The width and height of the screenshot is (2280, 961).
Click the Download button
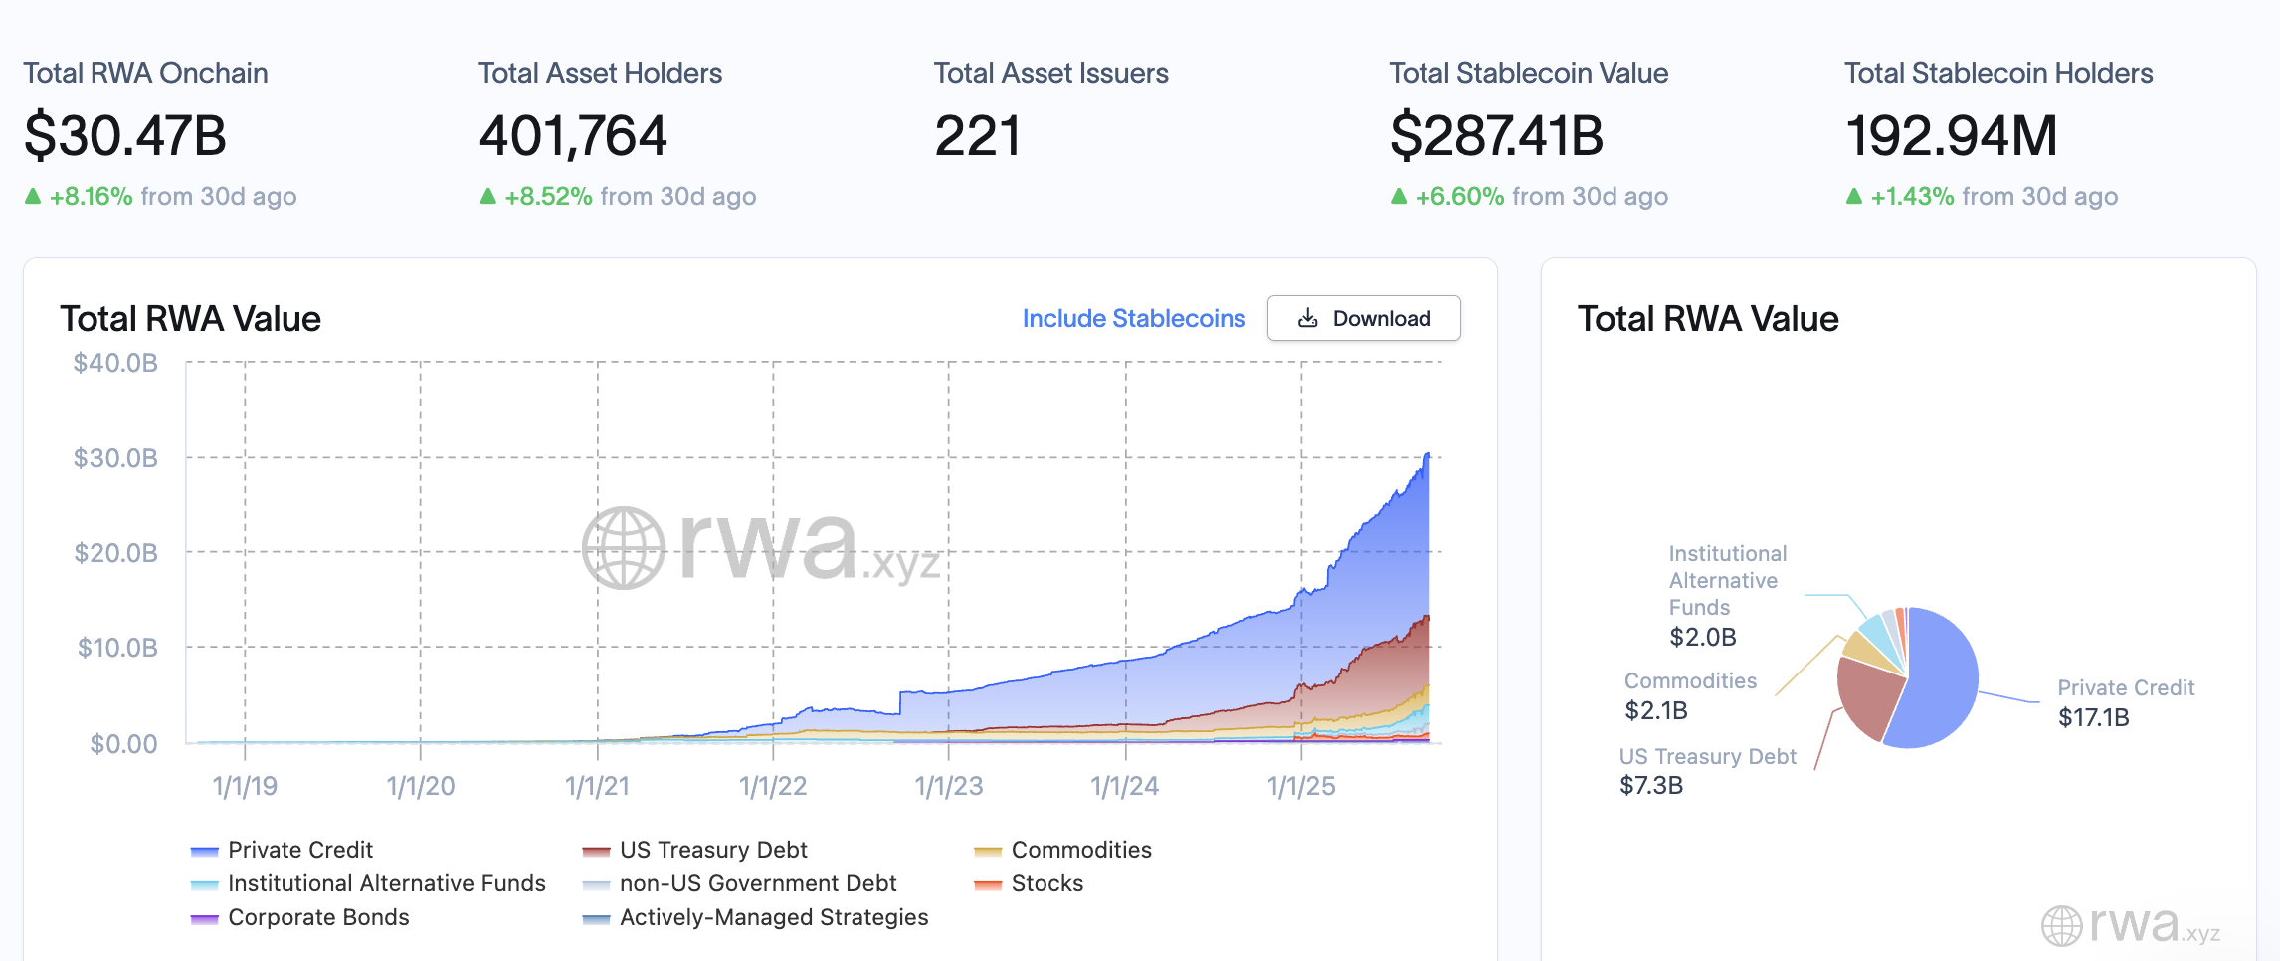click(x=1364, y=318)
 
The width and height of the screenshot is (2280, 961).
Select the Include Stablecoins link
click(x=1134, y=318)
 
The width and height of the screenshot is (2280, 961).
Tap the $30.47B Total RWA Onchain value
click(x=125, y=136)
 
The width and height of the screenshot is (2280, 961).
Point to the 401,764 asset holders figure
click(x=573, y=136)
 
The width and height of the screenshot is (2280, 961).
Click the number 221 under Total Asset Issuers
click(x=978, y=136)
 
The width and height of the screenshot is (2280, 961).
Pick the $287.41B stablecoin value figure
click(x=1496, y=136)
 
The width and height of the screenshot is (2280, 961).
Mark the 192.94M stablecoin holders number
click(x=1952, y=136)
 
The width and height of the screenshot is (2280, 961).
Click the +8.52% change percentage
click(x=548, y=196)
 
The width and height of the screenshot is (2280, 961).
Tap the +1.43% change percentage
click(x=1913, y=196)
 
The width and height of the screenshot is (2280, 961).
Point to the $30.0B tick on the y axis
click(x=115, y=458)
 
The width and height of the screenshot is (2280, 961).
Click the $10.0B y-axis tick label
click(x=117, y=648)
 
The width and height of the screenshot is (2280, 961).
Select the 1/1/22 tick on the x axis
click(x=773, y=786)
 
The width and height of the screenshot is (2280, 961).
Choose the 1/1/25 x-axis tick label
click(x=1301, y=786)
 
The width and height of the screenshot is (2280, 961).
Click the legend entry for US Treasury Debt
click(x=695, y=850)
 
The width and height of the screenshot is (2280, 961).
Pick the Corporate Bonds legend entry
click(x=300, y=917)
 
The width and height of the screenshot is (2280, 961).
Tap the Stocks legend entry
click(x=1029, y=883)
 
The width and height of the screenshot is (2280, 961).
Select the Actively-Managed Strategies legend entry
click(x=756, y=917)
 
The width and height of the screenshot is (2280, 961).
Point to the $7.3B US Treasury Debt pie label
click(x=1651, y=785)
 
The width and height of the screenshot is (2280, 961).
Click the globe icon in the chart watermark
click(x=624, y=548)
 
